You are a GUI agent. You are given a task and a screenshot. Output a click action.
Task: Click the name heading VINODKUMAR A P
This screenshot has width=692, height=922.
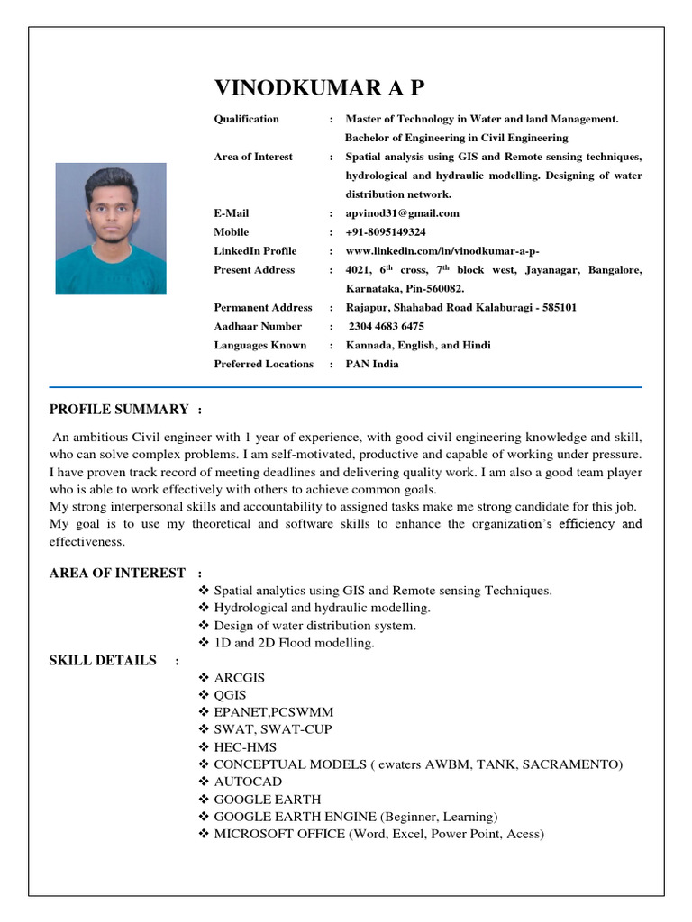pos(318,88)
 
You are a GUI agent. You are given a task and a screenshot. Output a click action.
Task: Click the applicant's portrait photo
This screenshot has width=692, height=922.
pos(111,229)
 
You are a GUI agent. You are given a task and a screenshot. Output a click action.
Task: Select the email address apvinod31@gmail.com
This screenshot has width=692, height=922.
pos(403,213)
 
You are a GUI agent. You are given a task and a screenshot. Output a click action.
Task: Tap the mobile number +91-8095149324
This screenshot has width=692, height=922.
pos(386,232)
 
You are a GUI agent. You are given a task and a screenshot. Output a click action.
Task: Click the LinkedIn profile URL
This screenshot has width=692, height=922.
pos(442,251)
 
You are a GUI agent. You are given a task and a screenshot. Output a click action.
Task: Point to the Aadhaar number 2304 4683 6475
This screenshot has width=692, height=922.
pos(386,327)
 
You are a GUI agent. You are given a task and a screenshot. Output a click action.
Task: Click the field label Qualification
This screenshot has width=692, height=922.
pos(246,119)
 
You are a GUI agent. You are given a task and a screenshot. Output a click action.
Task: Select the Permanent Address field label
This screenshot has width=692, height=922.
pos(262,308)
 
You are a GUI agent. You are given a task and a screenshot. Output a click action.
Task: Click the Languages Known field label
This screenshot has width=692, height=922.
pos(259,346)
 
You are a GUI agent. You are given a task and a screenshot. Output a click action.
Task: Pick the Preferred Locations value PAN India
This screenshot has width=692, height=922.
pos(372,365)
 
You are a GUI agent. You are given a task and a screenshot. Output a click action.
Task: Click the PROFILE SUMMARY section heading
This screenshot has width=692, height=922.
pos(118,410)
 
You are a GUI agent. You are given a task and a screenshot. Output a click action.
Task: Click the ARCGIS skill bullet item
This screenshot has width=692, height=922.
pos(239,678)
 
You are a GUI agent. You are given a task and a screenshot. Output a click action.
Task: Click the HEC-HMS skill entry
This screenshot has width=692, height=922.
pos(244,747)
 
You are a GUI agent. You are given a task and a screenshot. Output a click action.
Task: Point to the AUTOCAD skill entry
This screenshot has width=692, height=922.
pos(248,782)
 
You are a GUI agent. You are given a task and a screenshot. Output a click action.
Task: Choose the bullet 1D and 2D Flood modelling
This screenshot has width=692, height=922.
pos(294,643)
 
